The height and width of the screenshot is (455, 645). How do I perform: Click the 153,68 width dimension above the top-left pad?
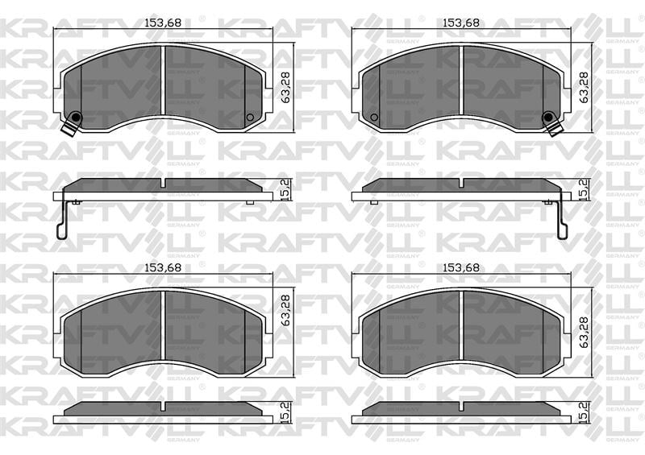click(163, 23)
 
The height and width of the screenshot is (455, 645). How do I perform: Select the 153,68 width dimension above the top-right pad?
click(460, 23)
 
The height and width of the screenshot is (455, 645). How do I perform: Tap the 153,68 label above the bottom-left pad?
click(163, 268)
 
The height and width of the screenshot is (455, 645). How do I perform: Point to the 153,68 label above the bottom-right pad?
click(460, 268)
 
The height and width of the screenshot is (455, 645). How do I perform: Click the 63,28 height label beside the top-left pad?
click(285, 88)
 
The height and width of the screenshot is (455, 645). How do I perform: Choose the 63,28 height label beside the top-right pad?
click(583, 88)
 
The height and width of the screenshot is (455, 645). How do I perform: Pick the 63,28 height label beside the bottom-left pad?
click(285, 310)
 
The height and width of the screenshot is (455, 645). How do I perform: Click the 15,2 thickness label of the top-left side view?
click(285, 190)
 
